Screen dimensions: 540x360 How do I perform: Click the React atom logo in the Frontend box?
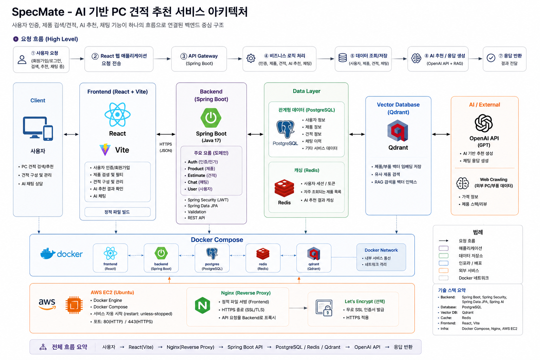click(x=117, y=115)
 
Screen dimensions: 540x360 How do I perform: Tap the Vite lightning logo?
click(x=105, y=150)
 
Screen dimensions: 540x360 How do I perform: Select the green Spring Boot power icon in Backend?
click(x=211, y=118)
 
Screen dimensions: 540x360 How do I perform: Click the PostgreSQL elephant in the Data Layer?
click(x=285, y=129)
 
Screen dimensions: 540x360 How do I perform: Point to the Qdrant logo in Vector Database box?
click(x=398, y=131)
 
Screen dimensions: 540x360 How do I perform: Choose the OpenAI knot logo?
click(x=484, y=123)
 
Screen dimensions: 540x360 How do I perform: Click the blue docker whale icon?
click(x=48, y=253)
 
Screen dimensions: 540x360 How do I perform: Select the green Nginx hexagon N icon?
click(x=202, y=306)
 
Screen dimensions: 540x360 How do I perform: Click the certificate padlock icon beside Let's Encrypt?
click(x=324, y=308)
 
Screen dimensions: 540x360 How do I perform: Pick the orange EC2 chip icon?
click(x=74, y=305)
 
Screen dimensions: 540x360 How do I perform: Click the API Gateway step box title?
click(x=199, y=56)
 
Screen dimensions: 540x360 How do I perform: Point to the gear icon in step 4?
click(x=251, y=58)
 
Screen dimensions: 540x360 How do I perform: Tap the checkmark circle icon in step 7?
click(x=491, y=58)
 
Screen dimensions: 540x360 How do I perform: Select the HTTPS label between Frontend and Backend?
click(x=166, y=144)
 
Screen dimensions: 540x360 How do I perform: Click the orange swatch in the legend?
click(x=443, y=271)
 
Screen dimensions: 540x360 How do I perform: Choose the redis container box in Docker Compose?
click(x=263, y=258)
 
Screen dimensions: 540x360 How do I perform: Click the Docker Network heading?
click(x=381, y=250)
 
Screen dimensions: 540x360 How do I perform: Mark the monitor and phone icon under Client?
click(x=38, y=129)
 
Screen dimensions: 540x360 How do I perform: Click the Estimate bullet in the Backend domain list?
click(x=202, y=175)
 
